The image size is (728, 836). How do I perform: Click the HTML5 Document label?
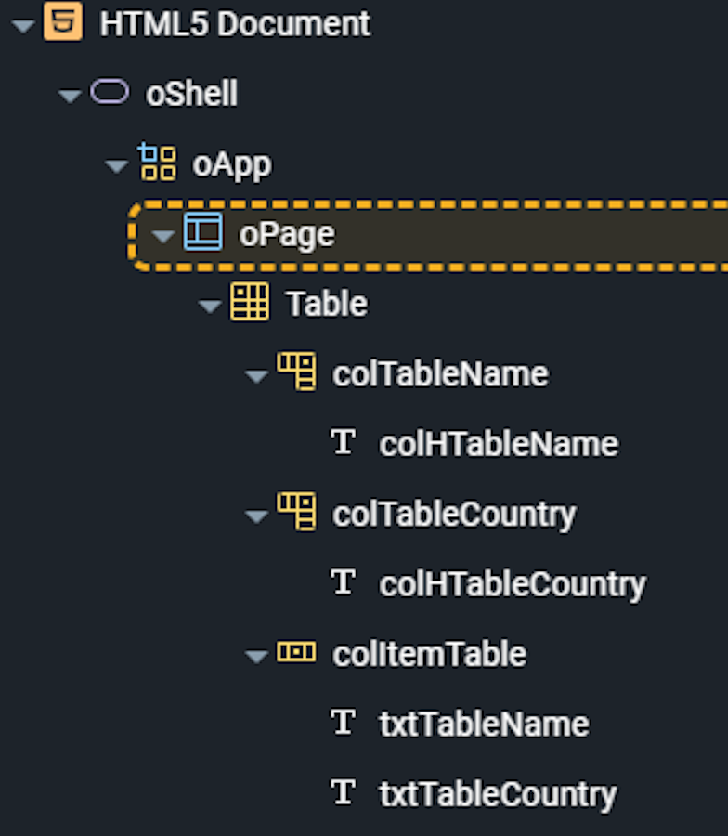pos(235,24)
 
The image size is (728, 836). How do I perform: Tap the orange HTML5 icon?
pos(63,21)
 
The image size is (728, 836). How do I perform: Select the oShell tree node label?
pos(192,94)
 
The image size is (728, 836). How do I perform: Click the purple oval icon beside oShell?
pos(110,91)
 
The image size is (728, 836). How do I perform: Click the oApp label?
pos(232,165)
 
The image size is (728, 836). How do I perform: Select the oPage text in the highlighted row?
pos(287,235)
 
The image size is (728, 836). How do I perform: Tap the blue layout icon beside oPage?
pos(203,231)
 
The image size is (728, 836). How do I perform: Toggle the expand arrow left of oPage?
pos(163,236)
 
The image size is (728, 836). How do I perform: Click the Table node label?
pos(327,304)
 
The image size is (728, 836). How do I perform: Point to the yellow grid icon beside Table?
pos(250,302)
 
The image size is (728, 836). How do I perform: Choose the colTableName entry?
pos(440,373)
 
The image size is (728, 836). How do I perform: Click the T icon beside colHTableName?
pos(343,442)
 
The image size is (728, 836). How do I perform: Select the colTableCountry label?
pos(454,515)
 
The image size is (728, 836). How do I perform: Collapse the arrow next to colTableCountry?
pos(256,516)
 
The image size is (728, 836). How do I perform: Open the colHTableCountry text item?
pos(513,585)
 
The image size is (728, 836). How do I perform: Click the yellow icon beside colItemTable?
pos(296,651)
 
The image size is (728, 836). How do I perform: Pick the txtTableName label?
pos(484,724)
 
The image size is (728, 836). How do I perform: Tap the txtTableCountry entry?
pos(498,794)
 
